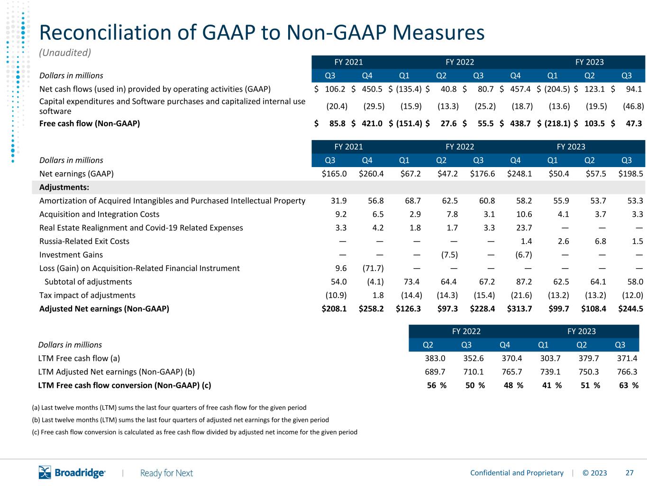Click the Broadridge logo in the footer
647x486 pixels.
click(72, 472)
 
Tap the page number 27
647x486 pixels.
click(629, 473)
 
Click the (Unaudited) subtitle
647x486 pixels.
click(65, 53)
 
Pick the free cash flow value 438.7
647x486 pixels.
click(520, 123)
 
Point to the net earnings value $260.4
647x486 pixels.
click(371, 174)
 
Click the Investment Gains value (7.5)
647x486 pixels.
click(449, 255)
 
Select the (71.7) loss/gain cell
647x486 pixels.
click(373, 268)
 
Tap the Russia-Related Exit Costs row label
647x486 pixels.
click(84, 241)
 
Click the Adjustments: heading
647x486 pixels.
click(64, 187)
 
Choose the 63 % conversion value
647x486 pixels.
click(629, 385)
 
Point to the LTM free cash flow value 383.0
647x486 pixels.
click(435, 358)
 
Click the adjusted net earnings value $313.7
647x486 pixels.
click(519, 308)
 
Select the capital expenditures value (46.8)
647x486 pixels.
click(633, 106)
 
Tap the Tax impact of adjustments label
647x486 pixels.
click(87, 295)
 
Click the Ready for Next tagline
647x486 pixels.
click(166, 473)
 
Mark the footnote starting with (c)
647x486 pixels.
click(194, 432)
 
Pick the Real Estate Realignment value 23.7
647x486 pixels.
click(524, 228)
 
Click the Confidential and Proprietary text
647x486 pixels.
click(517, 473)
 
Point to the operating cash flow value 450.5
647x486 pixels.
click(372, 89)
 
